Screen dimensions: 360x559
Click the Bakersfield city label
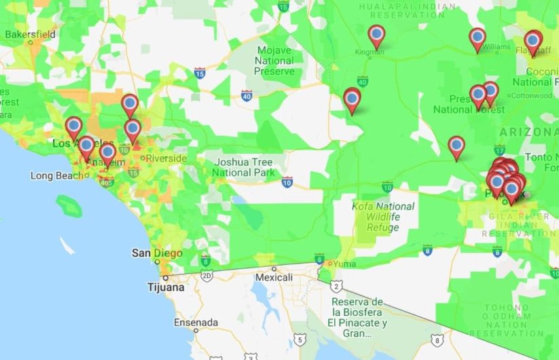click(31, 33)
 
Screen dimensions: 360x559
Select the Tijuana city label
click(166, 287)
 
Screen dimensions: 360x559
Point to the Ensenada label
click(197, 322)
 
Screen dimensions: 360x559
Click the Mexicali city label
click(274, 278)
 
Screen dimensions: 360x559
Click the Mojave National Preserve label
click(274, 60)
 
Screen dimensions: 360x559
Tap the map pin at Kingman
click(376, 35)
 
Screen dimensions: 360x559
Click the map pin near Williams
click(477, 39)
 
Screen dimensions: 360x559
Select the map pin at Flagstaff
click(533, 41)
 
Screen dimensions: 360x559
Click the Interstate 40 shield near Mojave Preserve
click(246, 96)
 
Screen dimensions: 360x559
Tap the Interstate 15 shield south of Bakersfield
click(200, 73)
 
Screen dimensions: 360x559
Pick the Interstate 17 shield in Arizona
click(499, 149)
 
